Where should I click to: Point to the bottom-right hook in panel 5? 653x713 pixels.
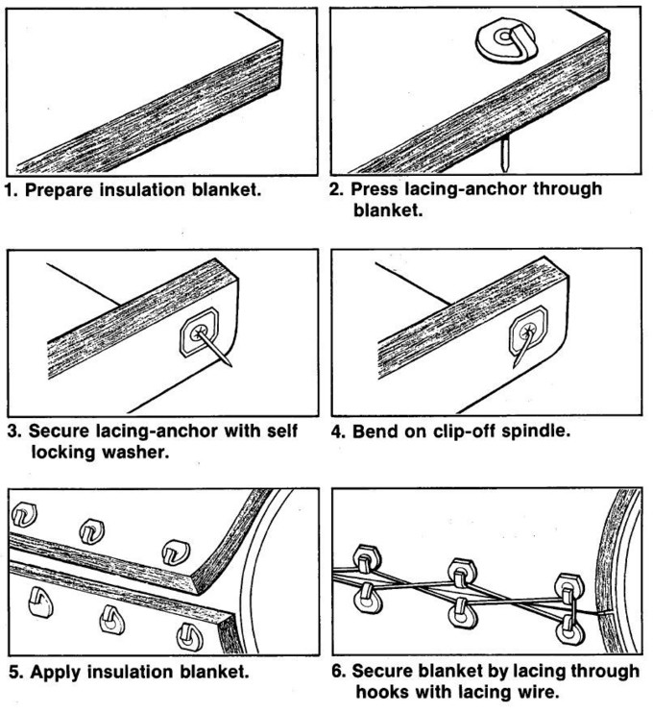click(x=184, y=635)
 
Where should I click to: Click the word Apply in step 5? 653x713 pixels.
click(x=54, y=672)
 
